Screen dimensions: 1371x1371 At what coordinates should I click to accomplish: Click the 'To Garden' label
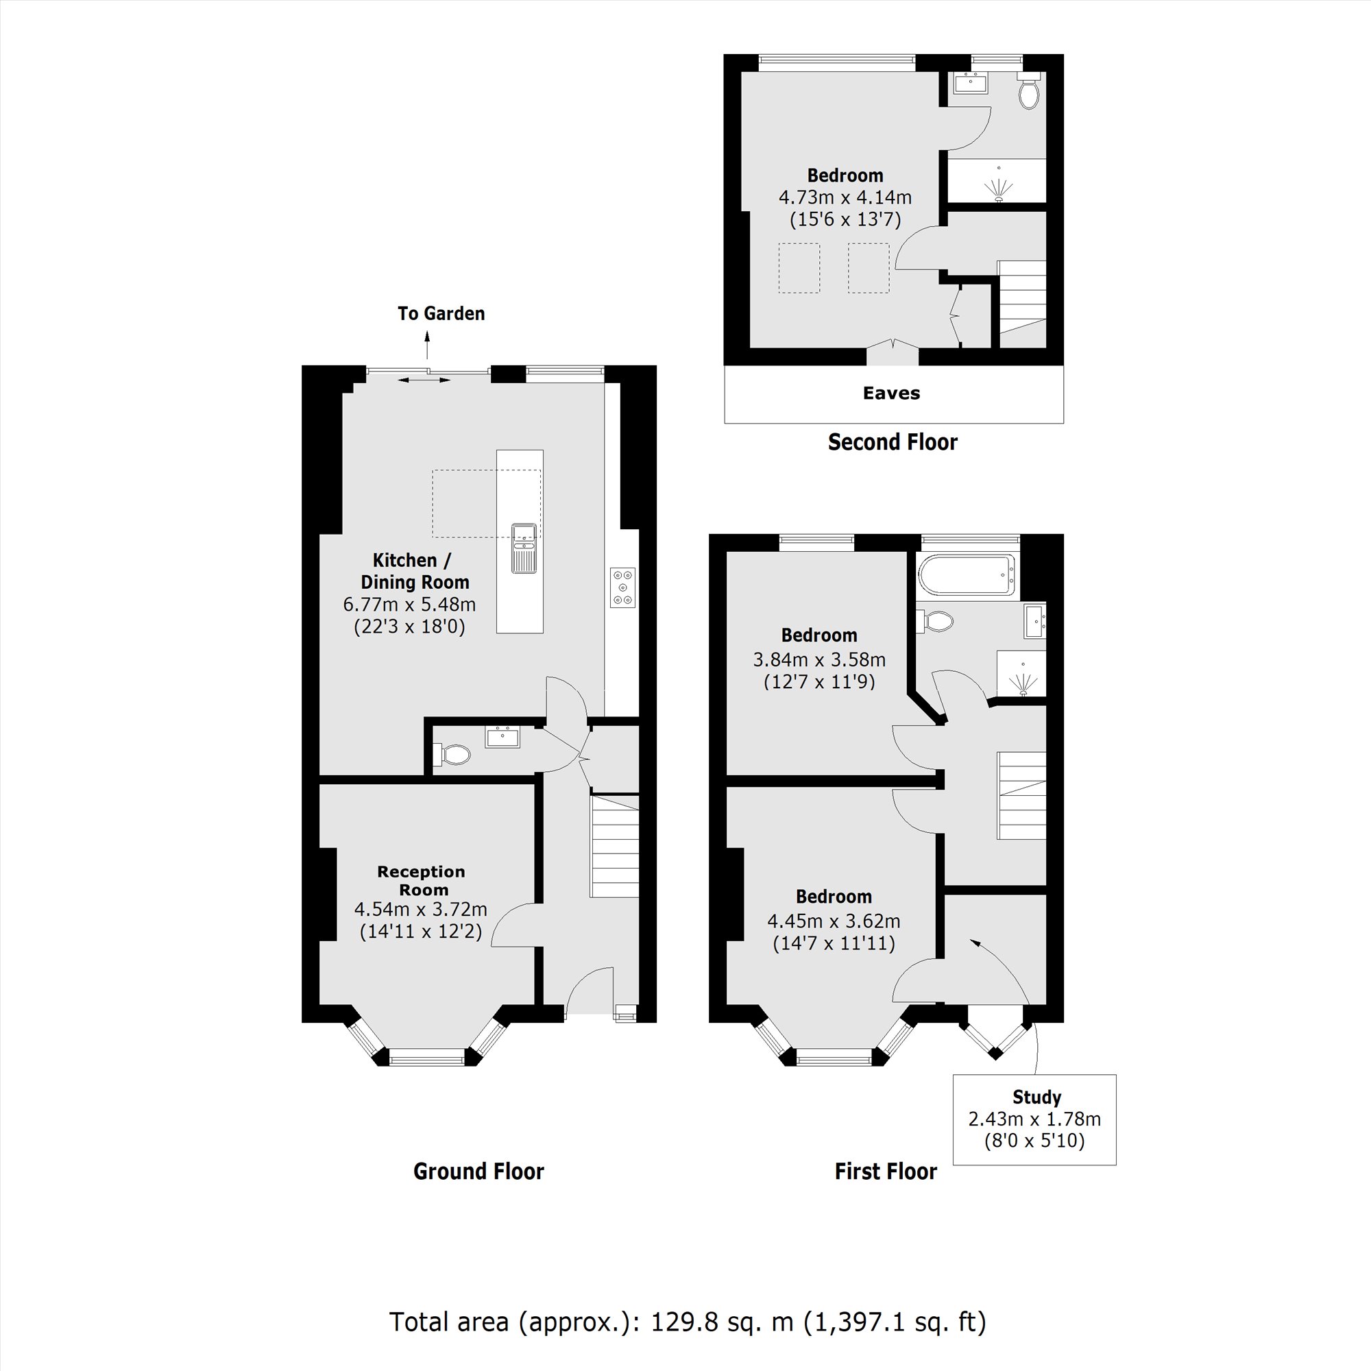(441, 314)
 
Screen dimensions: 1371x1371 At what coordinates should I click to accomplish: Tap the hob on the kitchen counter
(622, 587)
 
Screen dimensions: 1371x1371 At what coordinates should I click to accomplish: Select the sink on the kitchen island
(524, 548)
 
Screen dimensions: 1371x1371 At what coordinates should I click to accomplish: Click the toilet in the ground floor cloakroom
(455, 754)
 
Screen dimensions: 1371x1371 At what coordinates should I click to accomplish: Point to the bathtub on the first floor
(966, 575)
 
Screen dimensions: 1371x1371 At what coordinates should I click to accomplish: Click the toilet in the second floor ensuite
(1029, 93)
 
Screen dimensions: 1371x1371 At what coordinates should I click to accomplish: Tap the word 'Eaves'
(891, 393)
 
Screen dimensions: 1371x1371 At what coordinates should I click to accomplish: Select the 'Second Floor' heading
(892, 442)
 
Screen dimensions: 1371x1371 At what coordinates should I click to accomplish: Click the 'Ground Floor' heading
(478, 1171)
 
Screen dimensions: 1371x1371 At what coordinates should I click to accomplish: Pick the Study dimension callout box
(1034, 1119)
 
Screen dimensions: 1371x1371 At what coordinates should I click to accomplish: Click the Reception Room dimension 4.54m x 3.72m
(420, 909)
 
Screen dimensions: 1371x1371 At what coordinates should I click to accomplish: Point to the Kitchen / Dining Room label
(415, 570)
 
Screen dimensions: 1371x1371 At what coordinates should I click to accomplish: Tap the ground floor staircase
(614, 847)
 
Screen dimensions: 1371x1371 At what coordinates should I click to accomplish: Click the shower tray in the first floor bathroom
(1021, 673)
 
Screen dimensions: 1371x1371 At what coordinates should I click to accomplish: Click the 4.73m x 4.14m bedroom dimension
(845, 197)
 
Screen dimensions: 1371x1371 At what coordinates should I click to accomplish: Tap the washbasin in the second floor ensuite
(970, 83)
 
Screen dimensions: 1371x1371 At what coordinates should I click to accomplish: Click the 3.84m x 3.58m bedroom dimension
(819, 659)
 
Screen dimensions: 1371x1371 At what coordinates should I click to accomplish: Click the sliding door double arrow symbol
(424, 380)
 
